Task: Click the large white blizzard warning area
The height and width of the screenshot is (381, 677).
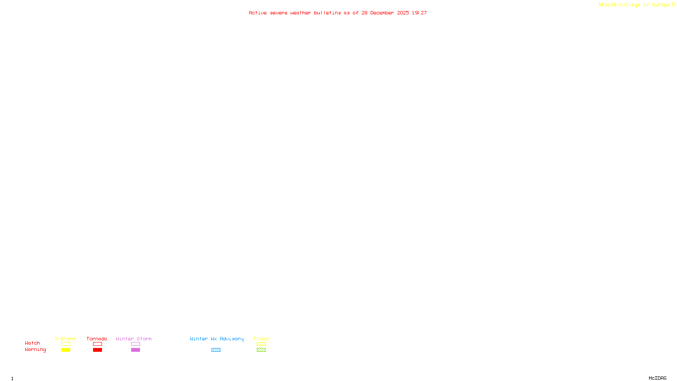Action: click(529, 28)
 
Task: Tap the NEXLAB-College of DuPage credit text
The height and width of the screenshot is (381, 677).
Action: click(634, 5)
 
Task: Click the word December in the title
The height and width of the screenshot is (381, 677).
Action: click(382, 13)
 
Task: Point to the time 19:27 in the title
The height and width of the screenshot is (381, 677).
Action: click(419, 13)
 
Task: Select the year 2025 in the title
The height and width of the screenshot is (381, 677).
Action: click(403, 13)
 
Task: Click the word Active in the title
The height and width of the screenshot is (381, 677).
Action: click(258, 13)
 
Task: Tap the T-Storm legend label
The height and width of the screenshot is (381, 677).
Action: click(65, 339)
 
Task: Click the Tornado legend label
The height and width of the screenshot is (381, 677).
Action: click(97, 339)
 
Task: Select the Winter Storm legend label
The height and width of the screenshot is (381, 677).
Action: click(134, 339)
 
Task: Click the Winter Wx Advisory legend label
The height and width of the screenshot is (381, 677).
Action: click(217, 339)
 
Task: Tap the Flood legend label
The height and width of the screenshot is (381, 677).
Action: click(261, 339)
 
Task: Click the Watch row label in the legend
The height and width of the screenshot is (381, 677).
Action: click(33, 343)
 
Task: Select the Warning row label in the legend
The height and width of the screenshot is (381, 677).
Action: click(36, 350)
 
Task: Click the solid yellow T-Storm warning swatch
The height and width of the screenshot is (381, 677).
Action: click(66, 350)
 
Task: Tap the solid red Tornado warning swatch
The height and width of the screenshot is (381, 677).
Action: click(97, 350)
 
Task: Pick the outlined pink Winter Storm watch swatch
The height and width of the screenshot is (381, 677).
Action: click(135, 344)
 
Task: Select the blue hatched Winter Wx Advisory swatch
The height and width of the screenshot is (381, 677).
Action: click(216, 350)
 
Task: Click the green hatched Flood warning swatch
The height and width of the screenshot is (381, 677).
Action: click(261, 350)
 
